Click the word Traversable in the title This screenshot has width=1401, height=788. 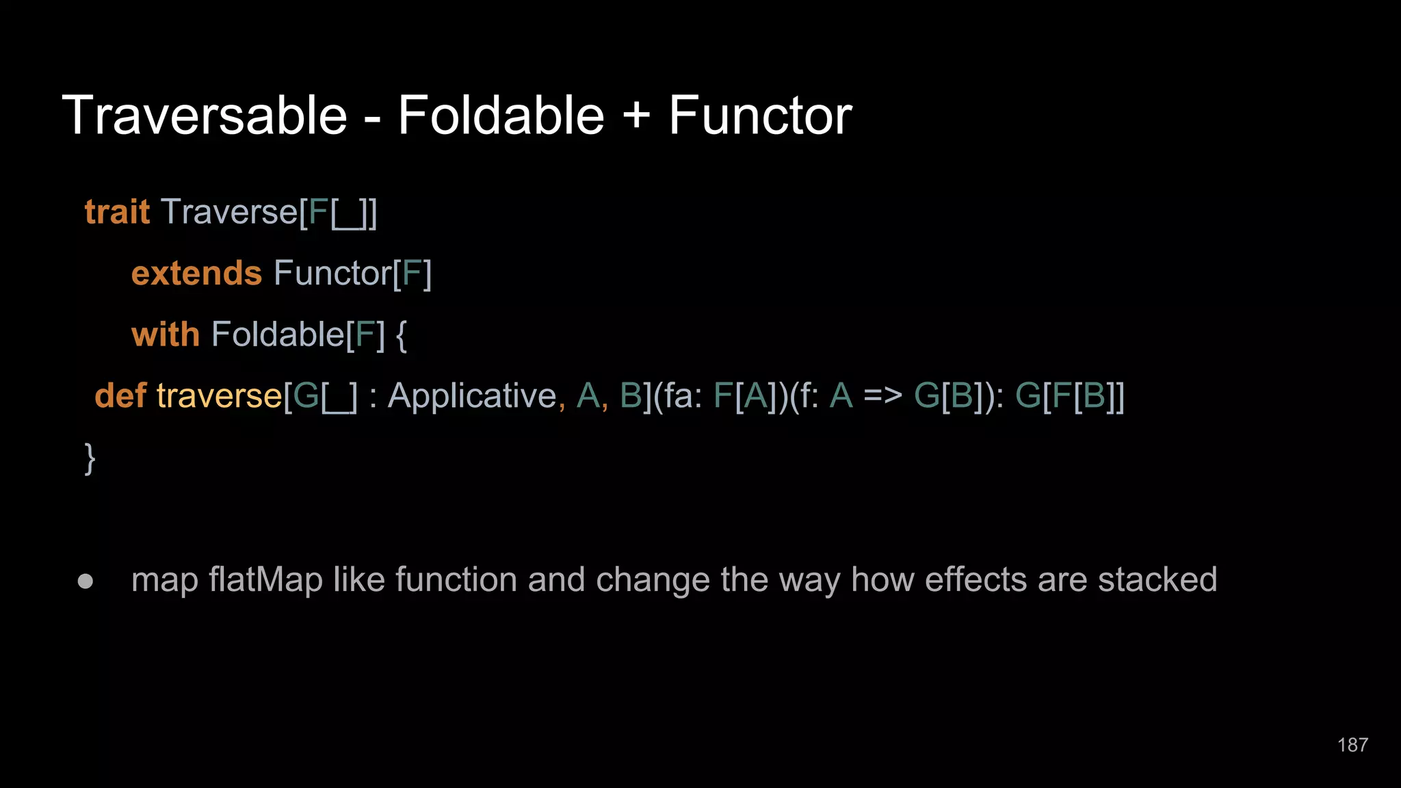pos(205,116)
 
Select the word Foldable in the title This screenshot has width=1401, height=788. pos(501,116)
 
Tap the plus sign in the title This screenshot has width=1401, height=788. pos(636,116)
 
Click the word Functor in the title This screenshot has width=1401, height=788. pos(760,116)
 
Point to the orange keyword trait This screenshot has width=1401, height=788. pos(117,212)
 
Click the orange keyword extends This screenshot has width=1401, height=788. pos(196,274)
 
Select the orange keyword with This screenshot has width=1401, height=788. pos(165,334)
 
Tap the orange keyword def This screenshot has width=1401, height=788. pos(120,396)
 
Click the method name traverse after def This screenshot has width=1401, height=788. pos(219,396)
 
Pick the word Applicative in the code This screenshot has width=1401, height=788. pos(472,396)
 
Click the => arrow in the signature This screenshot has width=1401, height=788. pos(882,396)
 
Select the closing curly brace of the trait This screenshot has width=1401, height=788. pos(90,458)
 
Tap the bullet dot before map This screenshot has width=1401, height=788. pos(86,581)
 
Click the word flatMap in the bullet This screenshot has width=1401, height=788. pos(265,580)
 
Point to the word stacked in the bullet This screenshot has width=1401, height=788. pos(1157,580)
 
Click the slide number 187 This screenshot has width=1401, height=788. pos(1352,745)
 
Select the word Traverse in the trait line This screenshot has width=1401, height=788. pos(229,212)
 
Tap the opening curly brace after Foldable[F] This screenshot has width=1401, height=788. pos(402,335)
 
